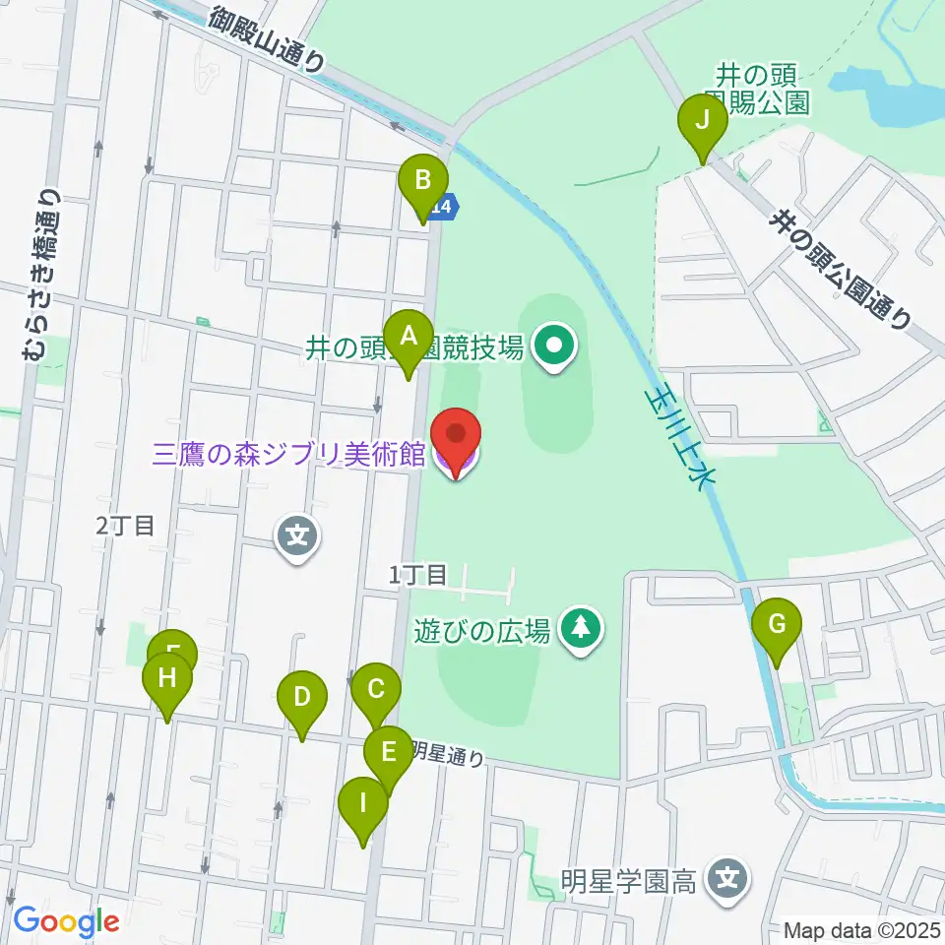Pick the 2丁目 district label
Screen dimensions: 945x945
[x=125, y=526]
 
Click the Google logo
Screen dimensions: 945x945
[x=66, y=921]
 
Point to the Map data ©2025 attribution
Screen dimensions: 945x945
[x=860, y=929]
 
